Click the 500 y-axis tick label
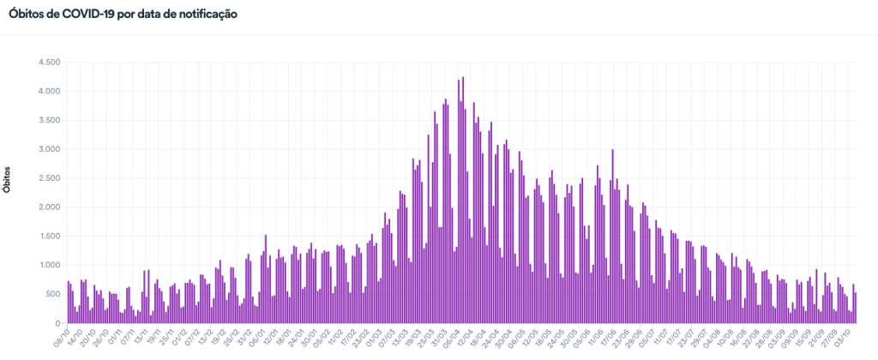pos(51,294)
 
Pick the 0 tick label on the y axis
pos(57,323)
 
